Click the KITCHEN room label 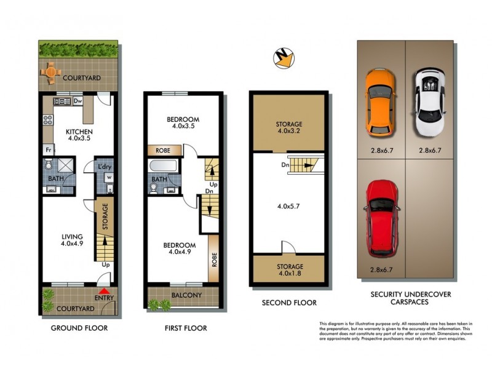coord(79,132)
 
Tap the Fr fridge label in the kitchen coord(47,149)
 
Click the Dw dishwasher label coord(77,100)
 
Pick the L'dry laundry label coord(104,165)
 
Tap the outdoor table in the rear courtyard coord(50,73)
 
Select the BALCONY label coord(187,295)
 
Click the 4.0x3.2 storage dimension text coord(289,132)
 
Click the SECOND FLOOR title coord(289,303)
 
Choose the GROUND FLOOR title coord(79,328)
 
